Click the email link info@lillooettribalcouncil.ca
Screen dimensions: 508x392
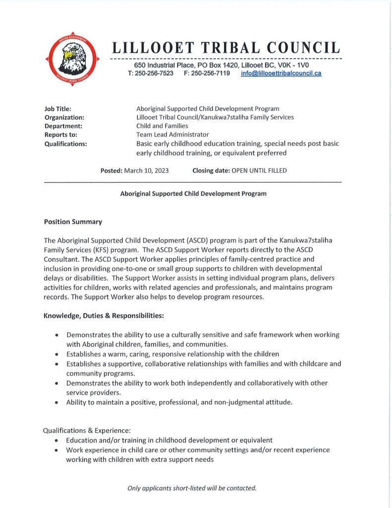tap(281, 73)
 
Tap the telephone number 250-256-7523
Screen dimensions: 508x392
tap(154, 73)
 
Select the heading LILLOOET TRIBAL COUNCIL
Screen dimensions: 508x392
tap(226, 48)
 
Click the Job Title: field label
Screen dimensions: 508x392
tap(58, 109)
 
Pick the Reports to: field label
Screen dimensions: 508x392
tap(61, 134)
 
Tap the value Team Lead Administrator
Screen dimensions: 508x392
tap(172, 134)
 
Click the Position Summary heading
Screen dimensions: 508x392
tap(73, 222)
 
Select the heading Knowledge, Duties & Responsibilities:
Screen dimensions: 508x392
tap(104, 316)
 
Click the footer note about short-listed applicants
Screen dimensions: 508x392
tap(192, 488)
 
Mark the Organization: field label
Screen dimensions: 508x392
tap(64, 118)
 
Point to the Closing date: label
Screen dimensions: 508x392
tap(211, 171)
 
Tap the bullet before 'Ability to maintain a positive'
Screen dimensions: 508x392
tap(57, 402)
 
